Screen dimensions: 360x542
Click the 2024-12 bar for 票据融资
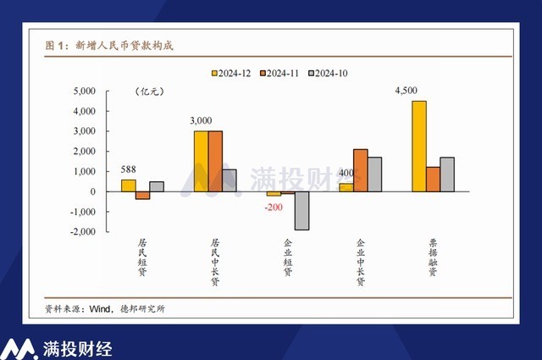click(419, 146)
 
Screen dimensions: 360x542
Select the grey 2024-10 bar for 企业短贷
click(302, 211)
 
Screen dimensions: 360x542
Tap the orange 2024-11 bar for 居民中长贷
click(215, 161)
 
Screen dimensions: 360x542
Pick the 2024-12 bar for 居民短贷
click(128, 186)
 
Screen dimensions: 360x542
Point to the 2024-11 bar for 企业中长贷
click(361, 170)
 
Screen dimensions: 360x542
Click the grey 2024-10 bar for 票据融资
click(448, 174)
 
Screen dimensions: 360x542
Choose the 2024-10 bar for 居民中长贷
click(230, 180)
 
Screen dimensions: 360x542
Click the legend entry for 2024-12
click(234, 73)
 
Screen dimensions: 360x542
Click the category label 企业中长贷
click(361, 263)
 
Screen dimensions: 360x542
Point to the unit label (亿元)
click(149, 91)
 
